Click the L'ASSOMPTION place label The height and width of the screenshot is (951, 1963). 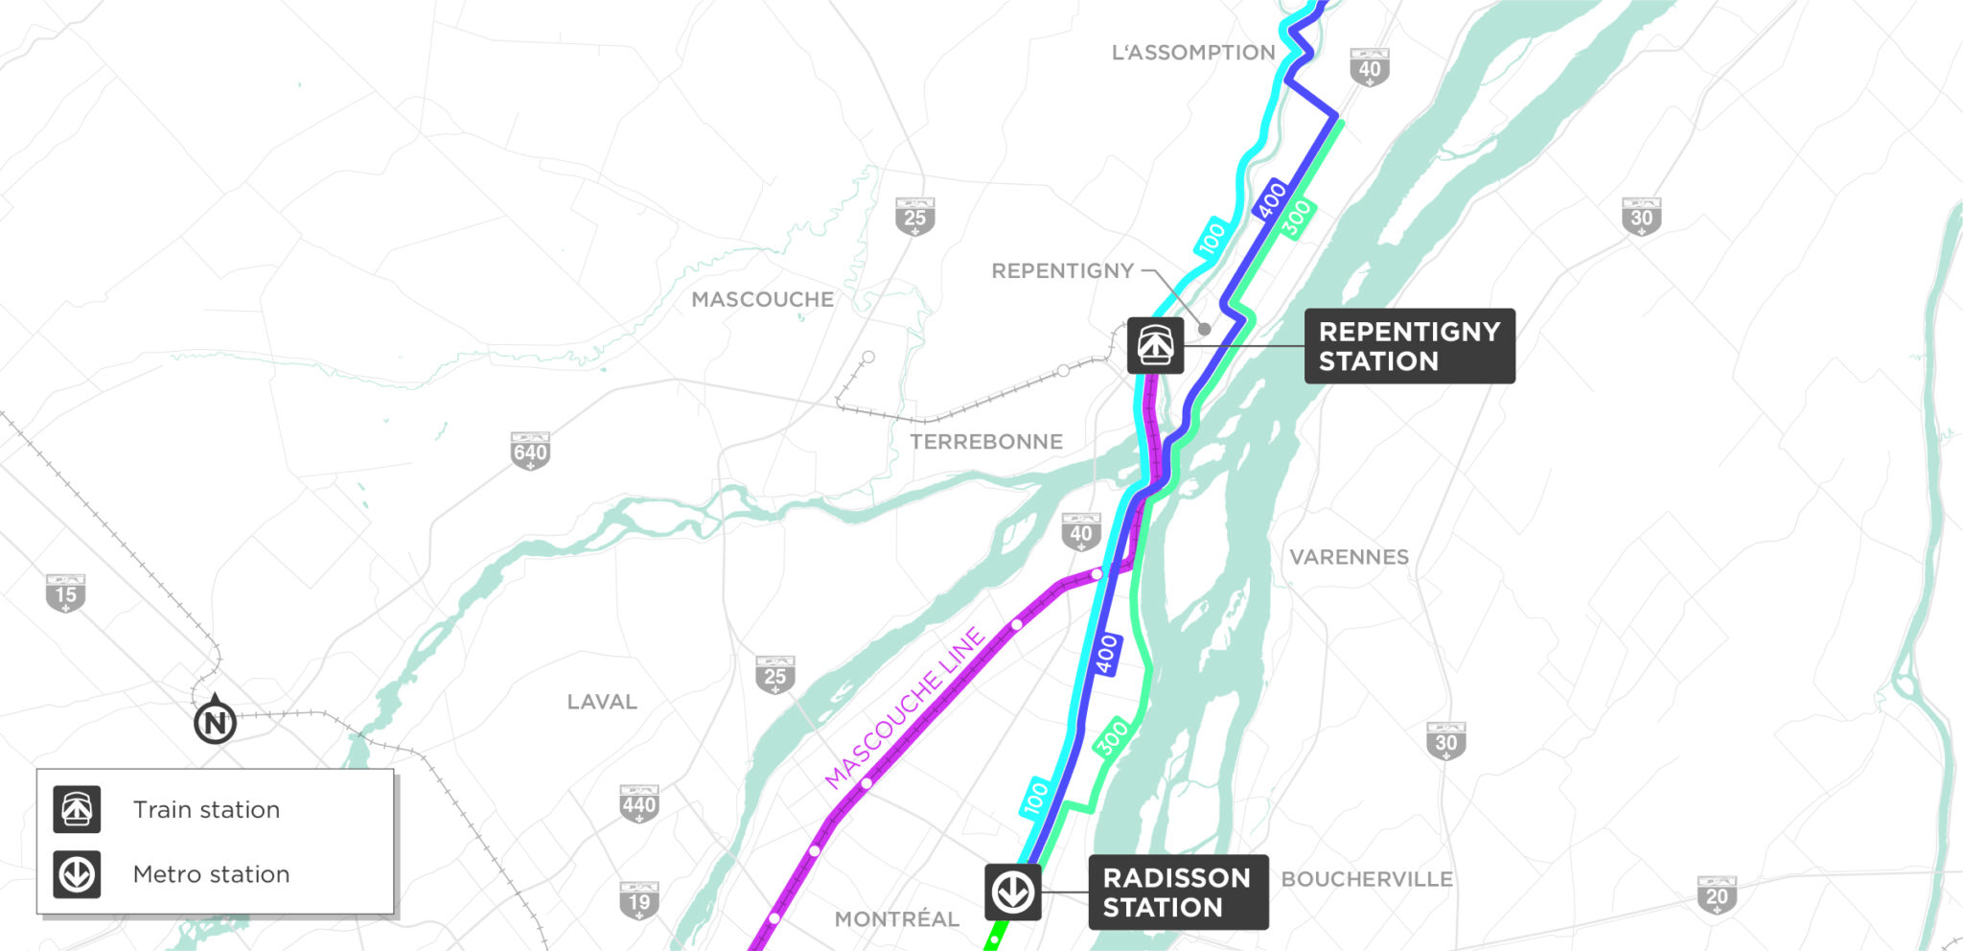pos(1192,53)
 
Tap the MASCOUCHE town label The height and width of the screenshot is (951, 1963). pos(762,300)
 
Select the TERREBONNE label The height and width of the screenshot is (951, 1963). pos(985,442)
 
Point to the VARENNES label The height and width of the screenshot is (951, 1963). pos(1349,557)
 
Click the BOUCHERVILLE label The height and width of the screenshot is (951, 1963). pos(1366,879)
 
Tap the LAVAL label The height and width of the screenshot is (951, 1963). pos(602,702)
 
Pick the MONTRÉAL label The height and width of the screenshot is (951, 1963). pos(896,919)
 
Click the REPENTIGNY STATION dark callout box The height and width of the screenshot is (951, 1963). pos(1409,346)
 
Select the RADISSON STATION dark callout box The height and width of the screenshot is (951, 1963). pos(1177,893)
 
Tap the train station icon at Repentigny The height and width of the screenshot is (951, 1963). pos(1155,345)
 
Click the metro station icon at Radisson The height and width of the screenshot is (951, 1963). pos(1012,893)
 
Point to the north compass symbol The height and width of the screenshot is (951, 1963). pos(215,722)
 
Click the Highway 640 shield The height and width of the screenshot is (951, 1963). pos(530,452)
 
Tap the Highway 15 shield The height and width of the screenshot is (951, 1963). pos(65,594)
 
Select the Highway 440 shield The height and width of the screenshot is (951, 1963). pos(638,804)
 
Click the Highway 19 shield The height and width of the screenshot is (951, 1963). pos(638,900)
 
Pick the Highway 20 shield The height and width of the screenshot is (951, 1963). pos(1716,895)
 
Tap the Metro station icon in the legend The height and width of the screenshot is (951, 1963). pos(77,874)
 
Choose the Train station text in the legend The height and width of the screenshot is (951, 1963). pos(206,810)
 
